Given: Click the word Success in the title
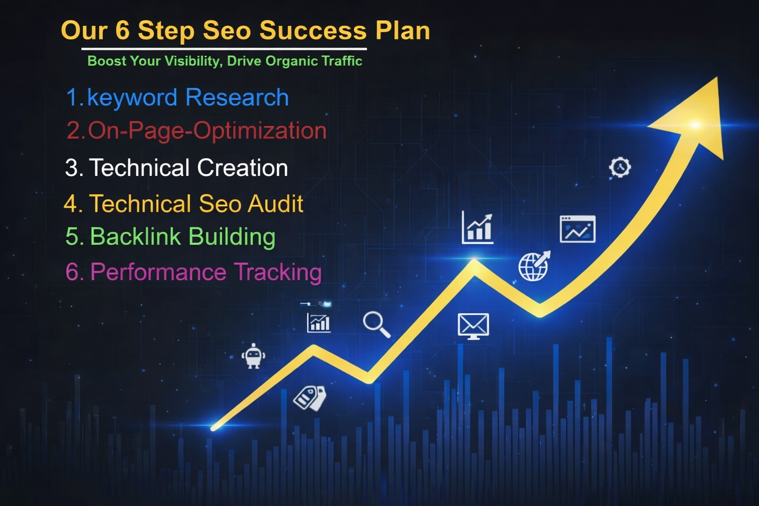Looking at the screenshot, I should [x=313, y=31].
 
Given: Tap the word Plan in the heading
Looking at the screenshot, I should [x=402, y=31].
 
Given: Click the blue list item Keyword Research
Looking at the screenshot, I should [x=177, y=97].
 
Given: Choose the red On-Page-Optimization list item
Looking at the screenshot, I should [x=197, y=131].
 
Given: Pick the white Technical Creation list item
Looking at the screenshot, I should [x=176, y=168].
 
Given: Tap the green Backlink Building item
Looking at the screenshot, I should [x=170, y=237].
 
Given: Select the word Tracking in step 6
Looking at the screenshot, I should [x=278, y=272].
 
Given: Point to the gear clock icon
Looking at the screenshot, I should [x=620, y=168].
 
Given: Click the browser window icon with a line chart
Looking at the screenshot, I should [x=577, y=229].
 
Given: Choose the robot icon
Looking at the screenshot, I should [x=253, y=356].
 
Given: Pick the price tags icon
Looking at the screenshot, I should [x=310, y=398].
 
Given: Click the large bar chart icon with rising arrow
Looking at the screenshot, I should [x=477, y=228].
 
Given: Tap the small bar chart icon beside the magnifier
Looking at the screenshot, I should [x=319, y=323].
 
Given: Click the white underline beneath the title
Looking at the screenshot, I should [x=224, y=49].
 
